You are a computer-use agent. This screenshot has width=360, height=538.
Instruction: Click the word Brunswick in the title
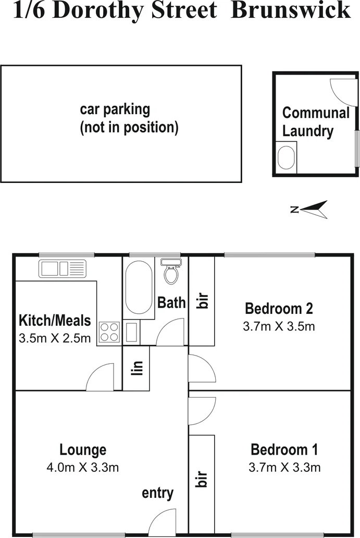point(291,10)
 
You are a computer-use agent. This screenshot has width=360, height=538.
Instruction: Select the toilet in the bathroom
point(170,272)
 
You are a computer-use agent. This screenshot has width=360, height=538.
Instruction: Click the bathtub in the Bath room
point(139,287)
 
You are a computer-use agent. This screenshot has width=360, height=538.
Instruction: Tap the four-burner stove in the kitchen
point(109,332)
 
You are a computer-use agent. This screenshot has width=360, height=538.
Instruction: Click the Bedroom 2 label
point(279,309)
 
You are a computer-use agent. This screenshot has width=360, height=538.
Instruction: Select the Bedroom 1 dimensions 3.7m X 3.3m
point(284,467)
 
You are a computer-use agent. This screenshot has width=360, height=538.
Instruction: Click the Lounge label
point(83,449)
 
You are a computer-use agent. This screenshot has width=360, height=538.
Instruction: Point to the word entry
point(157,493)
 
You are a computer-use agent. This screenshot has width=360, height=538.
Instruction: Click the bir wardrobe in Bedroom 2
point(202,301)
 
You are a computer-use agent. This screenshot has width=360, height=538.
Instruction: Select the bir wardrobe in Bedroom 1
point(202,479)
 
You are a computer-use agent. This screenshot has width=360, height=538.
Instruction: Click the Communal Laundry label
point(316,122)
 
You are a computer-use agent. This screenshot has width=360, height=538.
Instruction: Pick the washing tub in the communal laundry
point(286,157)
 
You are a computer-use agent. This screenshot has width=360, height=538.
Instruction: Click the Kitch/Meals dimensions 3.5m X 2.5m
point(55,338)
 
